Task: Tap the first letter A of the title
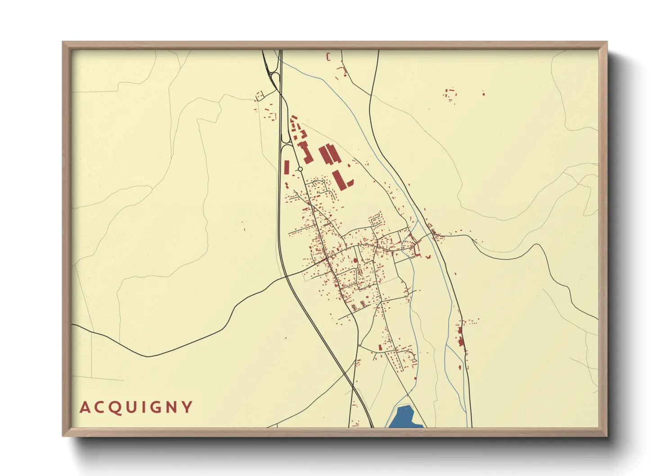[85, 408]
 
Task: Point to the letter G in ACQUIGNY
[154, 408]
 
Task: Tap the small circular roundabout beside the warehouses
[300, 169]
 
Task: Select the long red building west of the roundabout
[286, 168]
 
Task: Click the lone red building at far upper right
[483, 94]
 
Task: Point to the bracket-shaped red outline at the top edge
[328, 57]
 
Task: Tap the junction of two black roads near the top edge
[370, 95]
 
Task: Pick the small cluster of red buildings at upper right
[450, 96]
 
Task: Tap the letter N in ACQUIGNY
[171, 408]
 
